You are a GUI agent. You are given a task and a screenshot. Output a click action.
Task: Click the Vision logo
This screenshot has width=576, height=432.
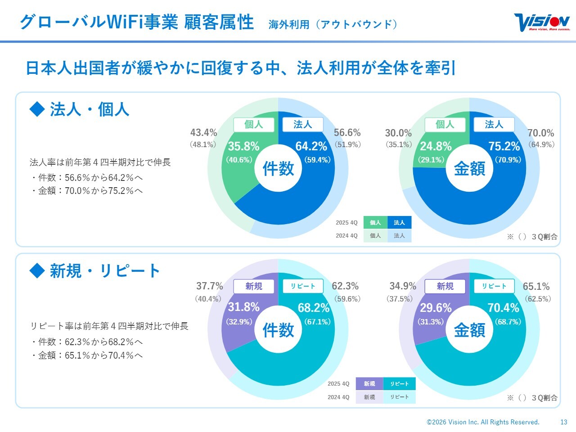click(542, 22)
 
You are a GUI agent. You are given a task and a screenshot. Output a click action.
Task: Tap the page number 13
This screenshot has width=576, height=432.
click(564, 422)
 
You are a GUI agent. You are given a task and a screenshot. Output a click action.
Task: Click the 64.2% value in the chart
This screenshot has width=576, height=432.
click(311, 146)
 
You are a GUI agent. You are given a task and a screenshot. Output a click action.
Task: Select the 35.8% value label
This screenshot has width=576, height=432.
click(243, 146)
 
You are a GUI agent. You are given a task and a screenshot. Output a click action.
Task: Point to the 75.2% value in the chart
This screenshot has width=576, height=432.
click(504, 146)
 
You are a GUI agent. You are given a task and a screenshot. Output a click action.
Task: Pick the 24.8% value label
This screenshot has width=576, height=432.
click(436, 146)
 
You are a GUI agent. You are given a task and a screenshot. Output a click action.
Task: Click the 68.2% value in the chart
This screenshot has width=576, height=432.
click(314, 308)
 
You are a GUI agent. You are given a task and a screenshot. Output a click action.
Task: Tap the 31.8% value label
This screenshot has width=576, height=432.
click(243, 307)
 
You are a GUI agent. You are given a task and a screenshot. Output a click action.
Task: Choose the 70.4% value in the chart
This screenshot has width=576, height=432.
click(504, 308)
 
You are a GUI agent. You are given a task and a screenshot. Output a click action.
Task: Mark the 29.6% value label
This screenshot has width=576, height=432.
click(436, 308)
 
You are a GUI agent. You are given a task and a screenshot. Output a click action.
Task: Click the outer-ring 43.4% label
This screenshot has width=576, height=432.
click(203, 133)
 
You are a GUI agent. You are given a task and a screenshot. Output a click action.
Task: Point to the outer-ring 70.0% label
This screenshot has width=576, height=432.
click(540, 133)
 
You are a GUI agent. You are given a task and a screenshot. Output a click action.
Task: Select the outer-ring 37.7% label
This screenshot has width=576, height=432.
click(209, 286)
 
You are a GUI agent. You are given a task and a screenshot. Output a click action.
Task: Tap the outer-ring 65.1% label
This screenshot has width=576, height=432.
click(536, 287)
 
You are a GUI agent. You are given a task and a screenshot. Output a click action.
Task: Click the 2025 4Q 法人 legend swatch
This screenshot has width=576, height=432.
click(399, 222)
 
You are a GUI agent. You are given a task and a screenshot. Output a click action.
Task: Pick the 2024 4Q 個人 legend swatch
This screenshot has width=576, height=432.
click(375, 236)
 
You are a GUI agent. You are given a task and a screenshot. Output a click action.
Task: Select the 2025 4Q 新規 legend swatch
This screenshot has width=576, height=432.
click(369, 384)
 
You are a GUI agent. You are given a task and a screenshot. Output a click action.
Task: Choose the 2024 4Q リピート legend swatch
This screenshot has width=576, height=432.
click(399, 397)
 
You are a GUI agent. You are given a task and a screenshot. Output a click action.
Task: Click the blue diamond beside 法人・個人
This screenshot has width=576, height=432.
click(37, 109)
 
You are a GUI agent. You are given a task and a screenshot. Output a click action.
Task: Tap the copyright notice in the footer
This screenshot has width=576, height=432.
click(483, 422)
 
